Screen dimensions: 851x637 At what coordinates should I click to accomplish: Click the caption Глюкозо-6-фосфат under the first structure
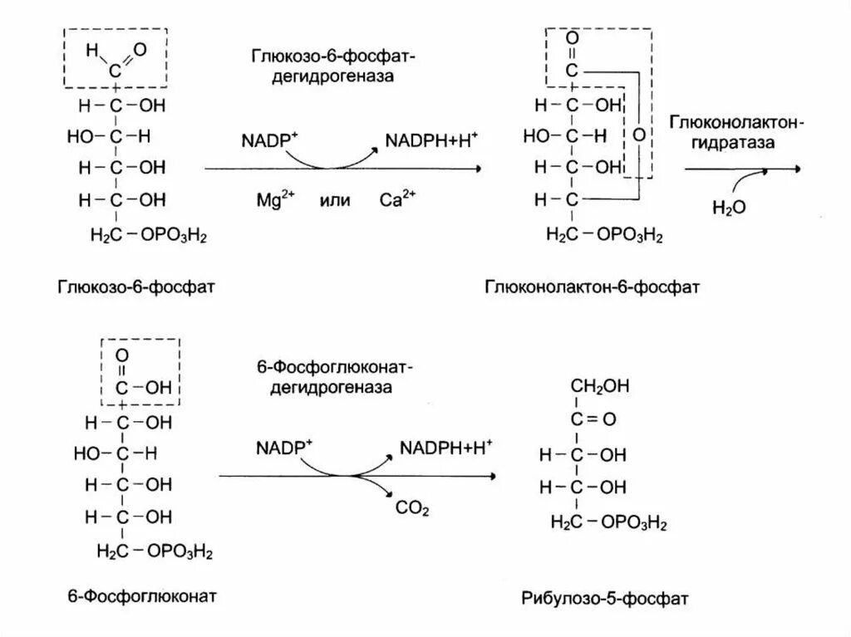(137, 288)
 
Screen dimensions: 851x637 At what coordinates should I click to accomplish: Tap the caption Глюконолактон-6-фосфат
(592, 288)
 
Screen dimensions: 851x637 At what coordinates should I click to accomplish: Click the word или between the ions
(334, 201)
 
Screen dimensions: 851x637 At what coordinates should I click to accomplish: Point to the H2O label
(729, 206)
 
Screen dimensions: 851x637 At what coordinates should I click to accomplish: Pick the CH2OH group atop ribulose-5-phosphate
(599, 385)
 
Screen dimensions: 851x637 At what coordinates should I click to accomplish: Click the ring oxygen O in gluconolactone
(637, 134)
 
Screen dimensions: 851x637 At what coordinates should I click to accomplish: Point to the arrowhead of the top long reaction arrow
(476, 169)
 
